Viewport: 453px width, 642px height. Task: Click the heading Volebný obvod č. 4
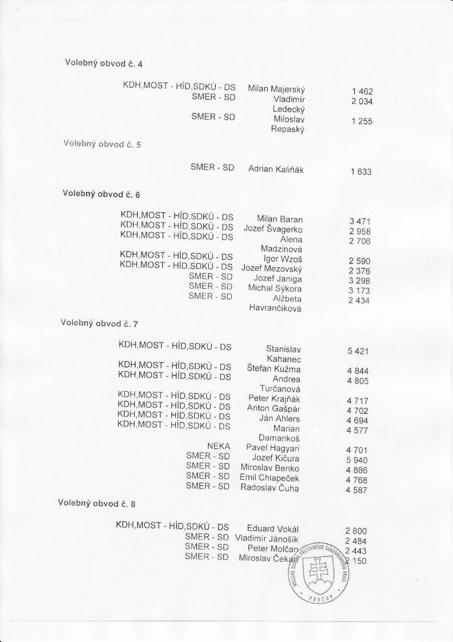click(x=104, y=63)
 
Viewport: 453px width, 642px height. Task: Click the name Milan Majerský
click(x=276, y=89)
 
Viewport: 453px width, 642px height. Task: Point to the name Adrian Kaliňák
click(x=276, y=169)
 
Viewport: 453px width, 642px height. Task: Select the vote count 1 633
click(x=361, y=172)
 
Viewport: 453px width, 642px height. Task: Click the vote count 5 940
click(x=357, y=460)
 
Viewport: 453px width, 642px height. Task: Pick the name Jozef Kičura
click(x=276, y=458)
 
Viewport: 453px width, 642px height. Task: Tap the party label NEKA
click(x=219, y=446)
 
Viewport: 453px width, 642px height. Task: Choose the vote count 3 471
click(x=360, y=222)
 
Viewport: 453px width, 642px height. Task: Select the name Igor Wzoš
click(x=283, y=259)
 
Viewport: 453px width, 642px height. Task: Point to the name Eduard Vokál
click(x=273, y=529)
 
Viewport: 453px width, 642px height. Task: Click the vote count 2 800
click(x=356, y=531)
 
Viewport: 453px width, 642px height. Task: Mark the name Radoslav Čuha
click(x=270, y=488)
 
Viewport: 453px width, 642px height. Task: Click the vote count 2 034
click(x=362, y=101)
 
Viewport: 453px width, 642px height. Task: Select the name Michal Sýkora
click(x=275, y=289)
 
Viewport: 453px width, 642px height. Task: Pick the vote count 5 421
click(x=358, y=351)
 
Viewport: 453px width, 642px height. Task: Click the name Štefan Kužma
click(x=274, y=369)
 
